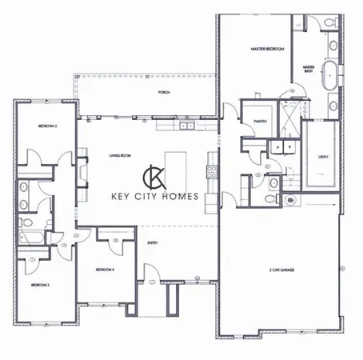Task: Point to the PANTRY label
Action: [x=259, y=121]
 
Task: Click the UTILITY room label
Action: [x=323, y=155]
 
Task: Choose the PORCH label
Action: [x=164, y=93]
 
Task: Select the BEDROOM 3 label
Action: [x=41, y=284]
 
